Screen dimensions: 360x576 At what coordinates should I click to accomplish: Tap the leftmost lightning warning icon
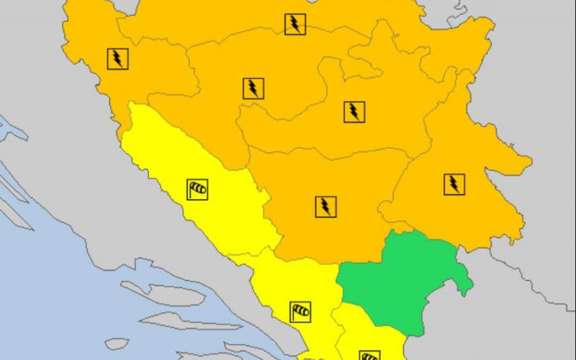[118, 58]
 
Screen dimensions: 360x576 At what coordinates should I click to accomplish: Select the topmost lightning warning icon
[294, 24]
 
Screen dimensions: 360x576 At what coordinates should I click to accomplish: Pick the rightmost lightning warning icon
[454, 184]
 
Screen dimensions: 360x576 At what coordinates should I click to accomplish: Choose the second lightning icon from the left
[253, 89]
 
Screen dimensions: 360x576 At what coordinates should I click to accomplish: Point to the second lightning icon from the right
[354, 112]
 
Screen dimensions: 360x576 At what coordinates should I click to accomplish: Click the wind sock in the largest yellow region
[197, 189]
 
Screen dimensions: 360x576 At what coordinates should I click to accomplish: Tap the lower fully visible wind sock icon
[301, 312]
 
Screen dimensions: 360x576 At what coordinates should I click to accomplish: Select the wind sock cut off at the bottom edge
[369, 355]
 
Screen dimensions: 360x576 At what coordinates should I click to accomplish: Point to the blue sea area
[58, 288]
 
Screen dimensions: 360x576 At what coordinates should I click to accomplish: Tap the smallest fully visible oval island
[117, 344]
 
